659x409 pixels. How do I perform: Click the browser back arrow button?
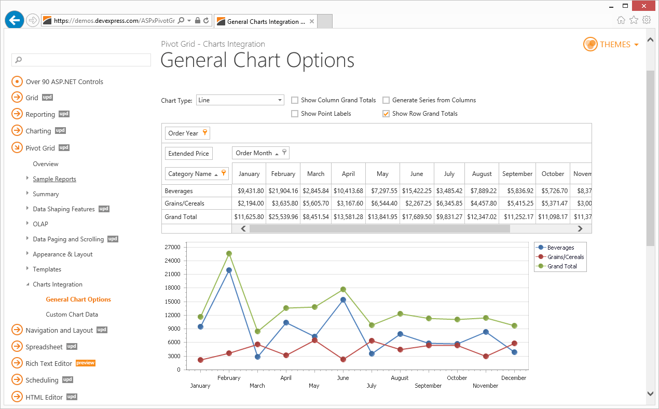pyautogui.click(x=15, y=20)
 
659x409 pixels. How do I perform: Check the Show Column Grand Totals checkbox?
pyautogui.click(x=295, y=100)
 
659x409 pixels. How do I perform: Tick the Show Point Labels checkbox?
pyautogui.click(x=295, y=114)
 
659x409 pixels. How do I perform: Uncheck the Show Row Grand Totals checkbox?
pyautogui.click(x=386, y=114)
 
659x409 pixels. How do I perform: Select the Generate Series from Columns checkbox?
pyautogui.click(x=386, y=100)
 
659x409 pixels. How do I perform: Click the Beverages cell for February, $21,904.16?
pyautogui.click(x=283, y=191)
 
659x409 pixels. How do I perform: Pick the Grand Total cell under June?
pyautogui.click(x=417, y=217)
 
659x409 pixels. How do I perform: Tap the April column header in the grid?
pyautogui.click(x=349, y=174)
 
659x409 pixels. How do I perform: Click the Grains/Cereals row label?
pyautogui.click(x=185, y=203)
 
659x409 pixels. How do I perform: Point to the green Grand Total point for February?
pyautogui.click(x=229, y=254)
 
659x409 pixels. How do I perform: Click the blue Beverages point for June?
pyautogui.click(x=343, y=299)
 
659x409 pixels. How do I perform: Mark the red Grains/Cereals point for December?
pyautogui.click(x=514, y=343)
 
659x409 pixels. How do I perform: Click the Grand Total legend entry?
pyautogui.click(x=562, y=266)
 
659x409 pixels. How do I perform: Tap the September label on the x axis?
pyautogui.click(x=428, y=386)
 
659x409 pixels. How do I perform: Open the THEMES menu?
pyautogui.click(x=611, y=45)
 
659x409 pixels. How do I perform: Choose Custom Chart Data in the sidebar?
pyautogui.click(x=72, y=315)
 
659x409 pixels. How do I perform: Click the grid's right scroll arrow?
pyautogui.click(x=580, y=228)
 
